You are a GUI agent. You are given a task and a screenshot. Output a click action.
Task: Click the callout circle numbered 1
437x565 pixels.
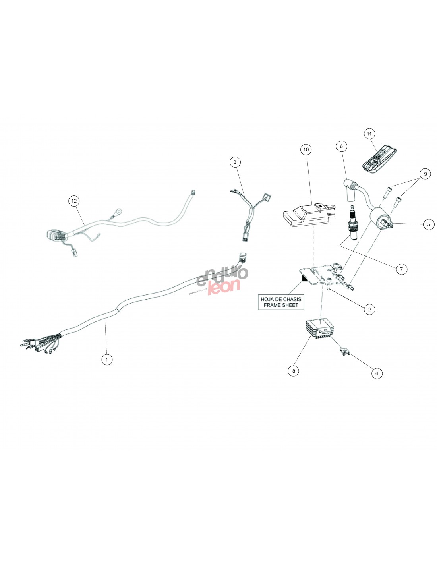click(x=106, y=360)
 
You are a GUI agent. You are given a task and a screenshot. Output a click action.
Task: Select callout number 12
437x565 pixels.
click(x=74, y=201)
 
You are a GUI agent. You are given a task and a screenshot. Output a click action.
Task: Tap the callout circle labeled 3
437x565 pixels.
click(x=235, y=162)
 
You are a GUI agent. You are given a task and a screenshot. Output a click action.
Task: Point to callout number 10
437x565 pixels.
click(x=306, y=150)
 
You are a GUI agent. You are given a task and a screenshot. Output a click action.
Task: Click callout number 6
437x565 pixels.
click(x=341, y=146)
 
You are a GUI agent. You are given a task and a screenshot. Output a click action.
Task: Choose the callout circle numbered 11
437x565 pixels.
click(x=369, y=134)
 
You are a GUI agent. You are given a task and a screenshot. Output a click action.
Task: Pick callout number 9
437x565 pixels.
click(x=425, y=174)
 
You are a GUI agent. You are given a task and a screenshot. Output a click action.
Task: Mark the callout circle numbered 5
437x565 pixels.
click(x=428, y=224)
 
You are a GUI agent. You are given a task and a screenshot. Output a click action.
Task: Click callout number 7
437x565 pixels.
click(x=401, y=269)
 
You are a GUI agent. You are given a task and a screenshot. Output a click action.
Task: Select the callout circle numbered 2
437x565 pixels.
click(x=369, y=309)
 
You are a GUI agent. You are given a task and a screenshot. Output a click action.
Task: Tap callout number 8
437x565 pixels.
click(x=293, y=371)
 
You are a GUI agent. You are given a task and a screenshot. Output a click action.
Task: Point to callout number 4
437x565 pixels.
click(x=377, y=373)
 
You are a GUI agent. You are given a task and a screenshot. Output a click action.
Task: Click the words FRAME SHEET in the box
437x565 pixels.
click(x=281, y=305)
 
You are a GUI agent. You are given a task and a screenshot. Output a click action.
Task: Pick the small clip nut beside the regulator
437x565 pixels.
click(x=344, y=351)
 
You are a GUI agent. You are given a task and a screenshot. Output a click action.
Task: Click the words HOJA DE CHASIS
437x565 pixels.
click(x=281, y=299)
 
